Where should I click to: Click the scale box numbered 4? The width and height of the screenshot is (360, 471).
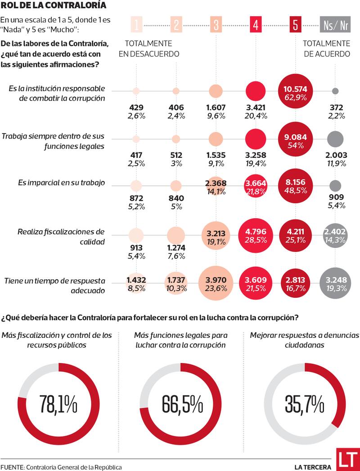pyautogui.click(x=256, y=25)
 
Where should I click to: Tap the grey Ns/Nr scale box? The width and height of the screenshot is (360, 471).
pyautogui.click(x=335, y=25)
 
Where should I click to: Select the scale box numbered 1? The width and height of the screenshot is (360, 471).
pyautogui.click(x=136, y=25)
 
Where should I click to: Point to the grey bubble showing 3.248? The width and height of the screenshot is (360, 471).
pyautogui.click(x=335, y=284)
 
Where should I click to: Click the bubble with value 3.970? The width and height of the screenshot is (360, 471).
pyautogui.click(x=216, y=284)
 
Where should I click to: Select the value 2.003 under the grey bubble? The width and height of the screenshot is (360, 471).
pyautogui.click(x=335, y=155)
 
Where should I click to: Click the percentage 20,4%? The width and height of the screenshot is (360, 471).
pyautogui.click(x=256, y=116)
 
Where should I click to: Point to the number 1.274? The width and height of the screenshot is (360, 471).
pyautogui.click(x=175, y=248)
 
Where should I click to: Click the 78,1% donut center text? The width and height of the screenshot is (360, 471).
pyautogui.click(x=58, y=404)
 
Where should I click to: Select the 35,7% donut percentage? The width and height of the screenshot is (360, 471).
pyautogui.click(x=304, y=404)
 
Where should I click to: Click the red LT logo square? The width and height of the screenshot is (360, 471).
pyautogui.click(x=347, y=459)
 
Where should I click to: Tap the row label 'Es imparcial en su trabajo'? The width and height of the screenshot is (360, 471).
pyautogui.click(x=61, y=183)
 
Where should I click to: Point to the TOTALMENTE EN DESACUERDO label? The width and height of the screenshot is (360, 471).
pyautogui.click(x=148, y=49)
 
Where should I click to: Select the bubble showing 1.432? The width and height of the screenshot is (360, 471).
pyautogui.click(x=136, y=284)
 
